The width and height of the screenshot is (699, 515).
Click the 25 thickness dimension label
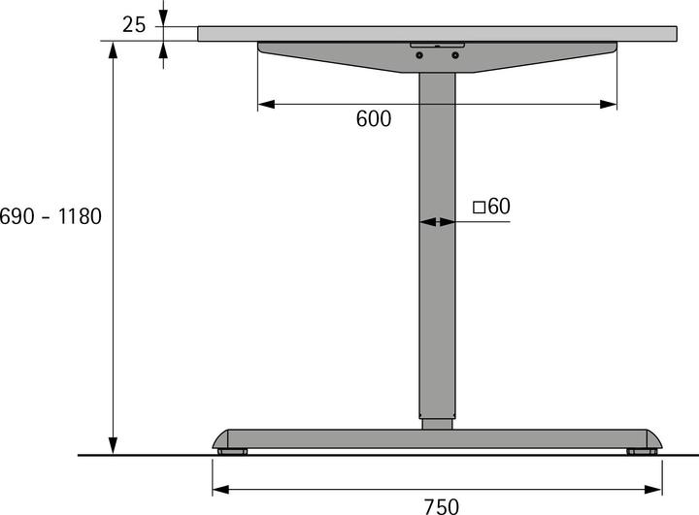[134, 24]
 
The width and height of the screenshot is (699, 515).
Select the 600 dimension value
[374, 119]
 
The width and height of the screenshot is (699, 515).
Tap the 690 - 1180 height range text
[50, 216]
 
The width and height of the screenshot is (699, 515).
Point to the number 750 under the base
[441, 504]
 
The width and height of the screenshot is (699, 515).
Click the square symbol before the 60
[479, 207]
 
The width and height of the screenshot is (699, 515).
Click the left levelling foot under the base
[232, 451]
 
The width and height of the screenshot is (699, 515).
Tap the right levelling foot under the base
[642, 451]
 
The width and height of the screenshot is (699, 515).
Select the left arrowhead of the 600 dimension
[265, 104]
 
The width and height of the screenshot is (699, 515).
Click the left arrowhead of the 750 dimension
[220, 489]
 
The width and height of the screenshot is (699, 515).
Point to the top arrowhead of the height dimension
[114, 49]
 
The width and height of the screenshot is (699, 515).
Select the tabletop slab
[437, 33]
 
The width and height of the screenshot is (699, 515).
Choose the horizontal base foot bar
[437, 438]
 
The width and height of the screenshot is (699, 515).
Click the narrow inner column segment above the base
[437, 423]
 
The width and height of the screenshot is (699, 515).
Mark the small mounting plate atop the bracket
[437, 45]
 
